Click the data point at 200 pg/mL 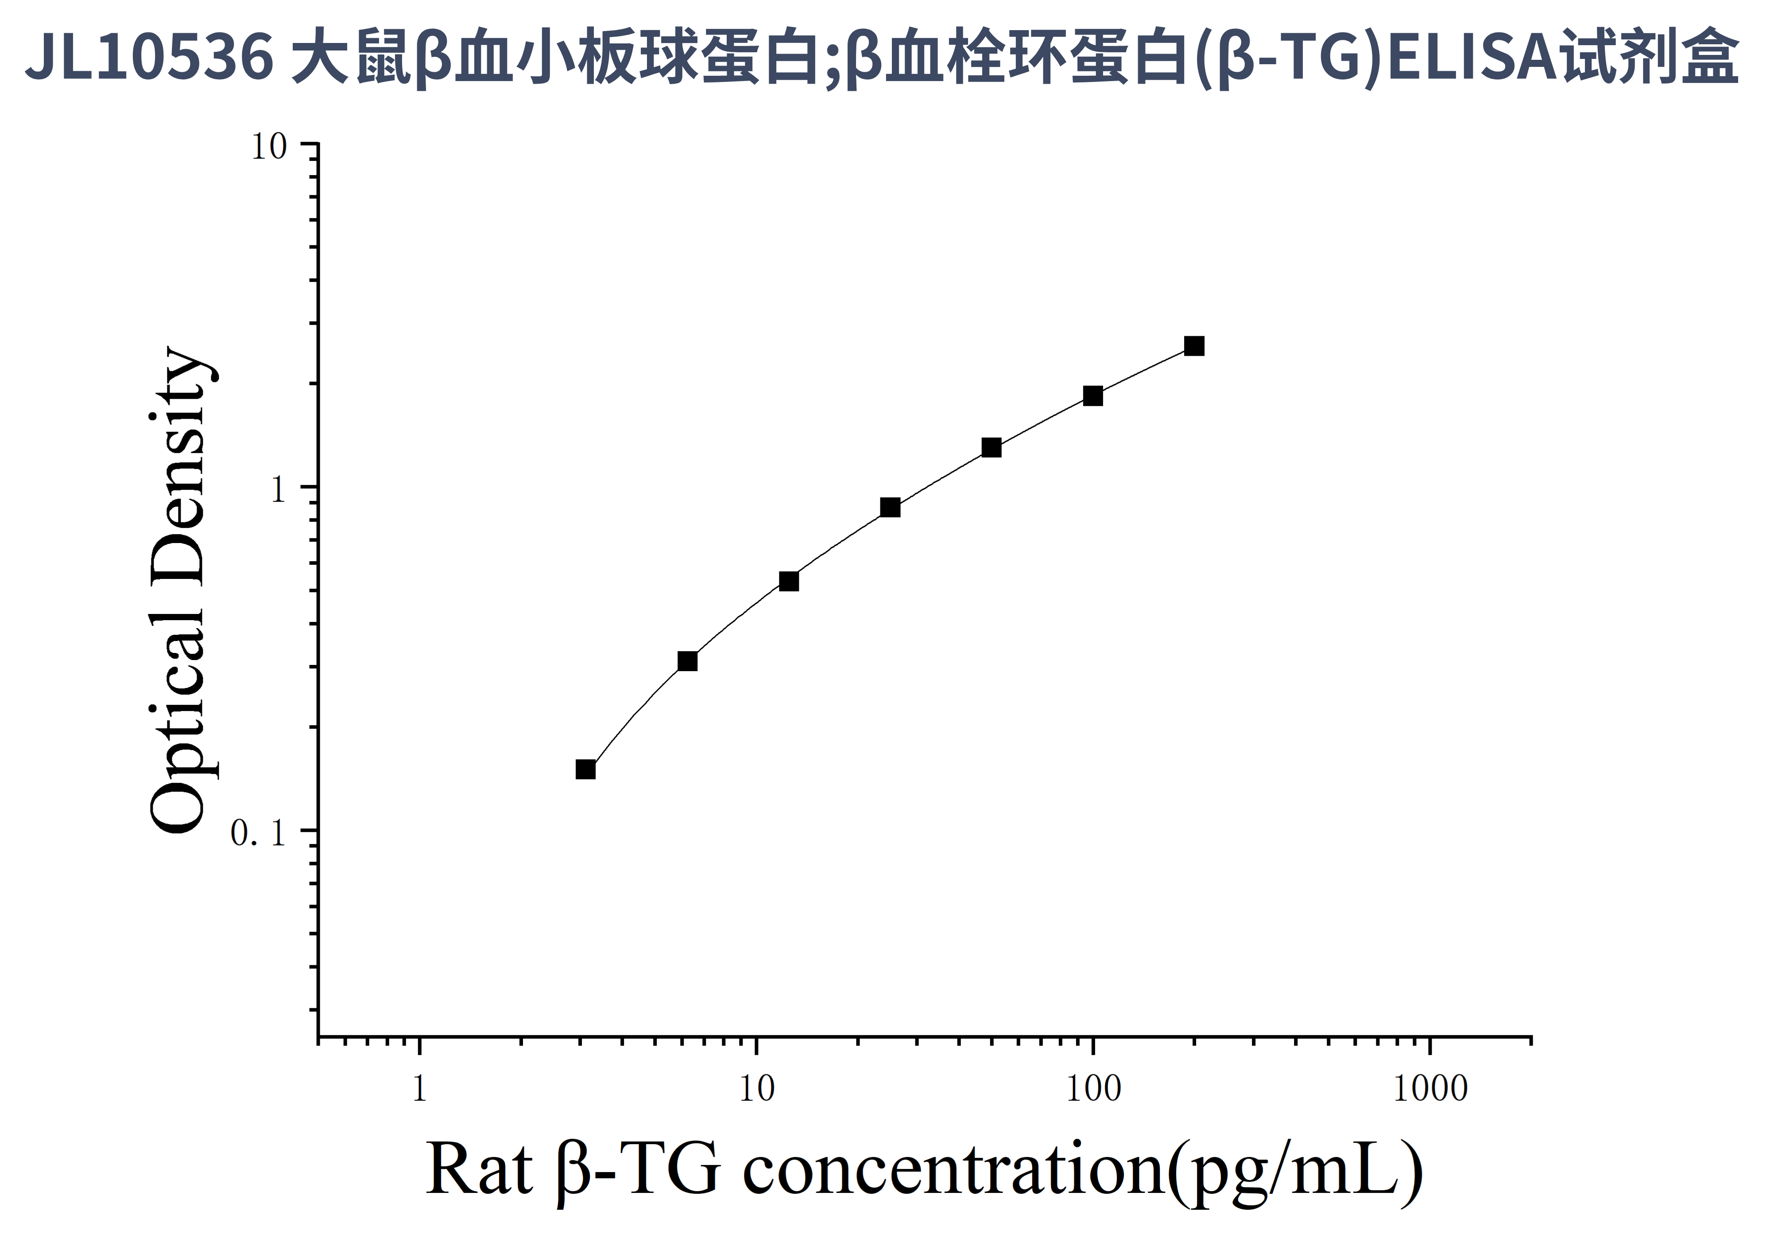(x=1194, y=346)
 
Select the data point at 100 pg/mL (x=1092, y=396)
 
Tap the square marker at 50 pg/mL (x=991, y=448)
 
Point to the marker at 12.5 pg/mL (x=788, y=581)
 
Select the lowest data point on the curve (x=585, y=769)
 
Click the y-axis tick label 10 (x=269, y=146)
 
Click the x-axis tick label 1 (x=419, y=1088)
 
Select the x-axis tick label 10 (x=756, y=1088)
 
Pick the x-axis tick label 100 (x=1092, y=1088)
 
